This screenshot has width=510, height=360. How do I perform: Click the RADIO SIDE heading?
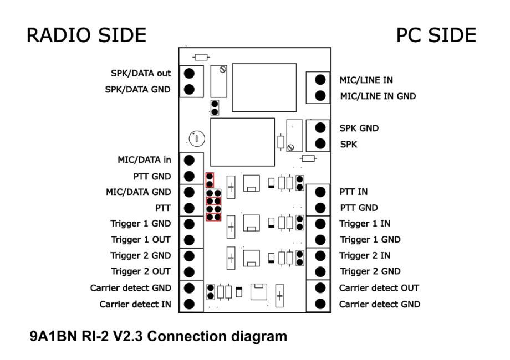(x=87, y=35)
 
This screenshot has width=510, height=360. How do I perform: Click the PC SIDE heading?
(x=436, y=35)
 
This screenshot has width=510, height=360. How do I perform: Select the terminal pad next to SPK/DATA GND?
(x=189, y=89)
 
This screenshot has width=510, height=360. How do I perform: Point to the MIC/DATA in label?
(x=143, y=160)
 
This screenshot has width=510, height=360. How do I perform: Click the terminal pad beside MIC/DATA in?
(x=189, y=160)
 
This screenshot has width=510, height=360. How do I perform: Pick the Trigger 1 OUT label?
(x=141, y=240)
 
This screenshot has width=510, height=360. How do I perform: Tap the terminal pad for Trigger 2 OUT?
(x=189, y=272)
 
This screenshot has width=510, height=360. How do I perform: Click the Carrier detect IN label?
(x=136, y=304)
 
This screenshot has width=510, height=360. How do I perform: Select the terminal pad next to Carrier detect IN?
(x=189, y=304)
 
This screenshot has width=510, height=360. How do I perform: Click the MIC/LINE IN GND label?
(x=378, y=96)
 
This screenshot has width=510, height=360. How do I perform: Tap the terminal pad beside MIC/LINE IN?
(x=319, y=80)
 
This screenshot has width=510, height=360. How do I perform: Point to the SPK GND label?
(x=359, y=128)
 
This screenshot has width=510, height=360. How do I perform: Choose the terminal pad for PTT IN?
(x=319, y=192)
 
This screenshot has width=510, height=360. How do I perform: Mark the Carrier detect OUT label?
(x=379, y=288)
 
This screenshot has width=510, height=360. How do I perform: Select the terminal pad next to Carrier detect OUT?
(x=319, y=288)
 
